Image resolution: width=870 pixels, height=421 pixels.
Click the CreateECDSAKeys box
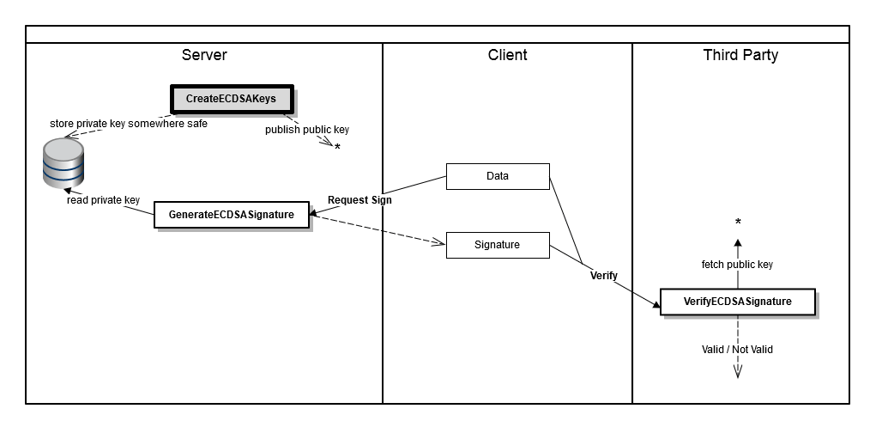click(x=231, y=99)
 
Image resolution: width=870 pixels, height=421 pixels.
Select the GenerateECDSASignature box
click(x=231, y=213)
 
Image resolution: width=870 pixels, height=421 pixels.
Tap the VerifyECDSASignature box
click(x=737, y=302)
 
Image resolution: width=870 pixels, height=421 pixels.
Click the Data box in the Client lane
click(x=497, y=176)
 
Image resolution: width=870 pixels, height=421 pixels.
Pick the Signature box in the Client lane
click(x=497, y=244)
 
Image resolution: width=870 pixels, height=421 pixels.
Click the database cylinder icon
click(x=63, y=164)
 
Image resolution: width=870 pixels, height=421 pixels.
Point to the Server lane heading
click(x=204, y=55)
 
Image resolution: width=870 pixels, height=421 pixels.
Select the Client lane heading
click(x=507, y=55)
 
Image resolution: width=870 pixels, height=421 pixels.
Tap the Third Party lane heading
click(x=740, y=55)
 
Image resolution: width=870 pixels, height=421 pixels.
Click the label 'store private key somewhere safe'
click(x=129, y=123)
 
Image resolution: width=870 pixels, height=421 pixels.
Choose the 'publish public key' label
click(x=306, y=130)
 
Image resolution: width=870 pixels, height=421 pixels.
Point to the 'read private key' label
click(x=103, y=200)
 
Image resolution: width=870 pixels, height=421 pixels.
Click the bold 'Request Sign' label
click(x=359, y=200)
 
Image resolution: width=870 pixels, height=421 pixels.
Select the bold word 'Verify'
click(x=604, y=276)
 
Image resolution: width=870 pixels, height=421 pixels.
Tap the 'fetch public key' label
click(x=737, y=265)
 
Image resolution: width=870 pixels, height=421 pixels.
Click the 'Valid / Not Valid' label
click(x=737, y=350)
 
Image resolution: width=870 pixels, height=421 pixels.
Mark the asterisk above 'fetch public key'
click(x=738, y=223)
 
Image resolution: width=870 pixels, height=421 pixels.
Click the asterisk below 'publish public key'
click(x=337, y=148)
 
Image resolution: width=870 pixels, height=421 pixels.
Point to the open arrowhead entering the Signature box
click(x=438, y=244)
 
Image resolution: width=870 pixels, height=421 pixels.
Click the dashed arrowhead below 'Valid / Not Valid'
click(x=737, y=371)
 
